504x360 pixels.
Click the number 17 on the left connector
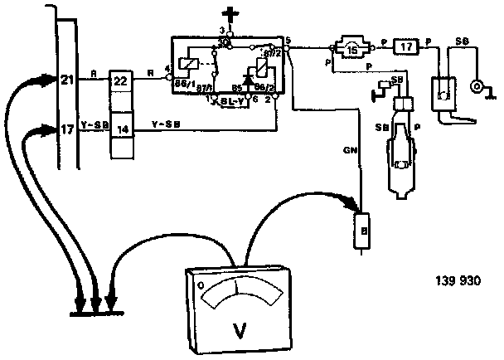click(67, 130)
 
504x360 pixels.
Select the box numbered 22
click(121, 80)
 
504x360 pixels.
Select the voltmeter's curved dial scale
click(236, 288)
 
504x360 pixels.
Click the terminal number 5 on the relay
click(286, 40)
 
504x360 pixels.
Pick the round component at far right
click(477, 86)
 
